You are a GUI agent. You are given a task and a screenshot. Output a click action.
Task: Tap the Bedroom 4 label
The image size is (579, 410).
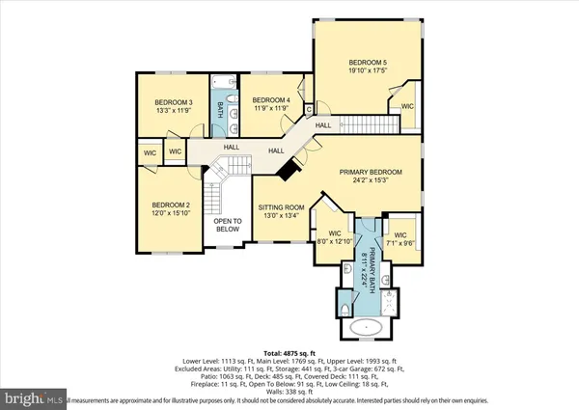pyautogui.click(x=270, y=100)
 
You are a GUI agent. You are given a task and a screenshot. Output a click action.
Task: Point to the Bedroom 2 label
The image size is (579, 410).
pyautogui.click(x=169, y=205)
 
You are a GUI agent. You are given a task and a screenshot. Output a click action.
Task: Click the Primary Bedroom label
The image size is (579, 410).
pyautogui.click(x=370, y=172)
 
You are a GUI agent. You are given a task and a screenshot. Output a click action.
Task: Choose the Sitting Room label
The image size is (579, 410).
pyautogui.click(x=281, y=207)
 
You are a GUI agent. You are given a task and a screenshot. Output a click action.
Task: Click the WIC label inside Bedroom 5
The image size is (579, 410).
pyautogui.click(x=407, y=106)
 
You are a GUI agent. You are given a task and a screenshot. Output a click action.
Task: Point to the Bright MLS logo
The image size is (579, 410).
pyautogui.click(x=33, y=396)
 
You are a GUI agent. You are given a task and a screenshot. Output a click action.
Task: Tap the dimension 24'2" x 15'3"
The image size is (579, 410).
pyautogui.click(x=370, y=180)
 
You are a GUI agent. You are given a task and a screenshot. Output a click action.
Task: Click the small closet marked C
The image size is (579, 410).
pyautogui.click(x=308, y=108)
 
